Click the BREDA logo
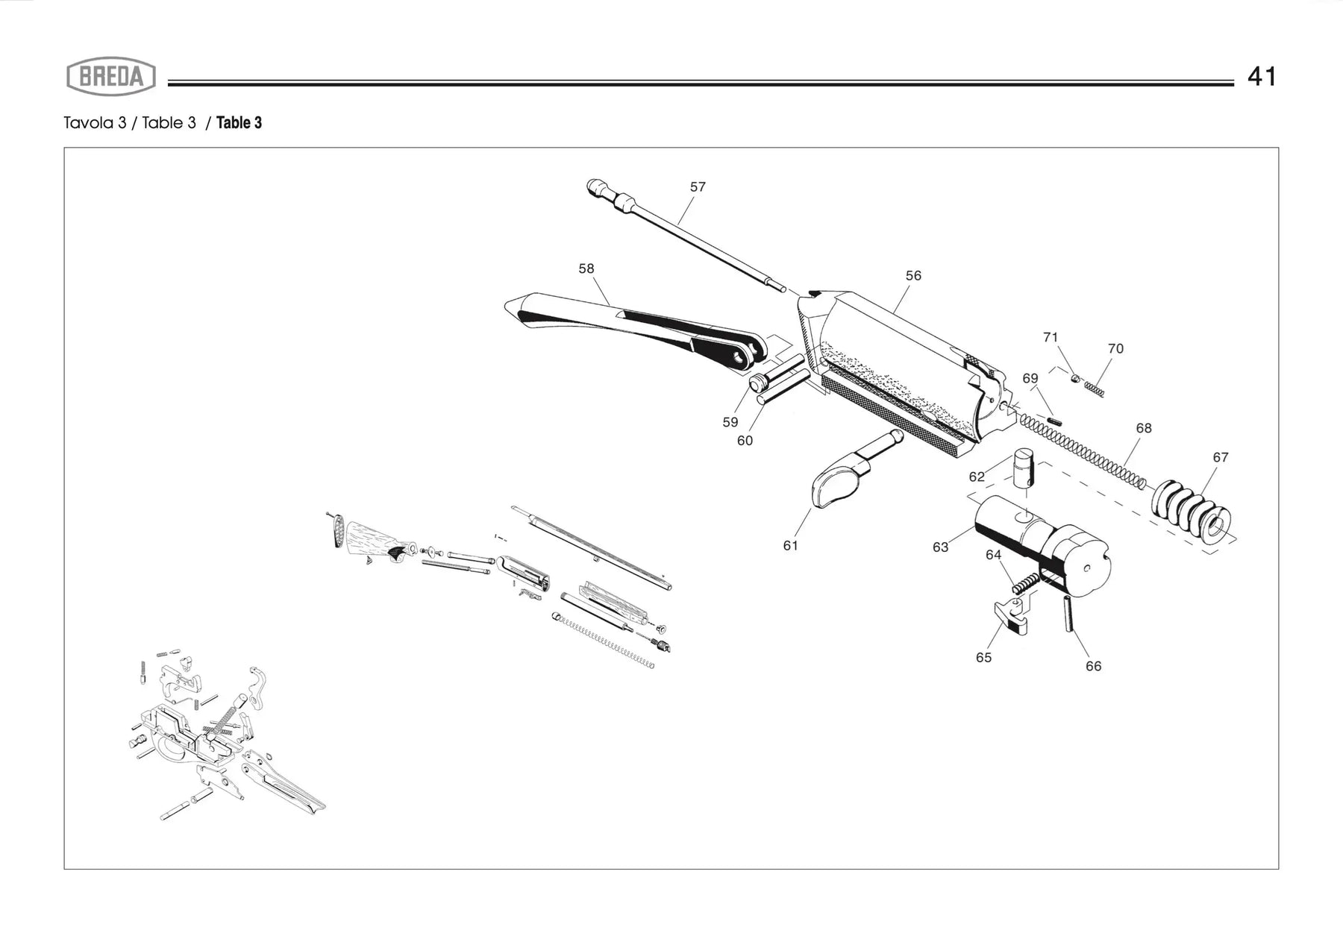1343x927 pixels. (111, 77)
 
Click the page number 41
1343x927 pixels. (1262, 77)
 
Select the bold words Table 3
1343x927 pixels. (239, 123)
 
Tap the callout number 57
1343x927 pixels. (698, 187)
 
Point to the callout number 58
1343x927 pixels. (586, 268)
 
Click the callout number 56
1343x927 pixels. (913, 276)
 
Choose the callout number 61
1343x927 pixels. (791, 546)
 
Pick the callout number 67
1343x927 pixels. (1221, 458)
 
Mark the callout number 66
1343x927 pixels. (1093, 667)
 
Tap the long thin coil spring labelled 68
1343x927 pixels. (1082, 451)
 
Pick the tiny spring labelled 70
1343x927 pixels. (1095, 388)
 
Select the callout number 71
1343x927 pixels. (1051, 338)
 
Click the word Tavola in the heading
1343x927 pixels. (89, 123)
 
